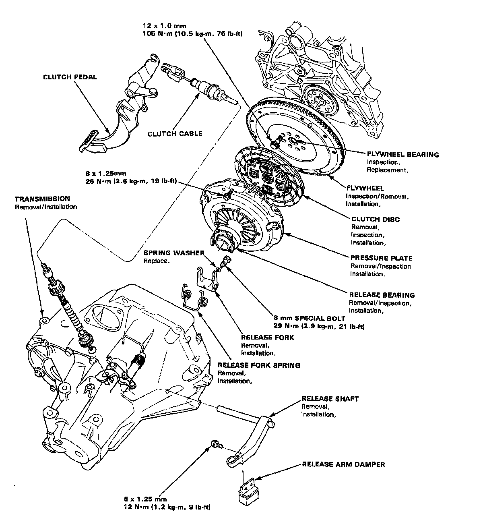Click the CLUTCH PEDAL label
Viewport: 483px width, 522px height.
pos(70,77)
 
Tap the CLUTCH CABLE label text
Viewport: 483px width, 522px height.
pos(175,134)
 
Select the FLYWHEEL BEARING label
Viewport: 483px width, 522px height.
pos(402,154)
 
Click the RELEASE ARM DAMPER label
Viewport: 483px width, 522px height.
pos(343,464)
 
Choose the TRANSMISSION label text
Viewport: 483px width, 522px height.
pos(42,199)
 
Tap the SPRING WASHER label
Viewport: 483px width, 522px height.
pos(174,253)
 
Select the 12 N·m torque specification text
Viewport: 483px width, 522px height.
pos(167,507)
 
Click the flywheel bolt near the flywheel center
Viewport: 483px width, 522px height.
pos(275,143)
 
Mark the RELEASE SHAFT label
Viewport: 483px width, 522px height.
pos(330,399)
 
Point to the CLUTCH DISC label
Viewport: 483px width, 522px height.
pos(376,220)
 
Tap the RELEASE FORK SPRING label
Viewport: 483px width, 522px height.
pos(259,366)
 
